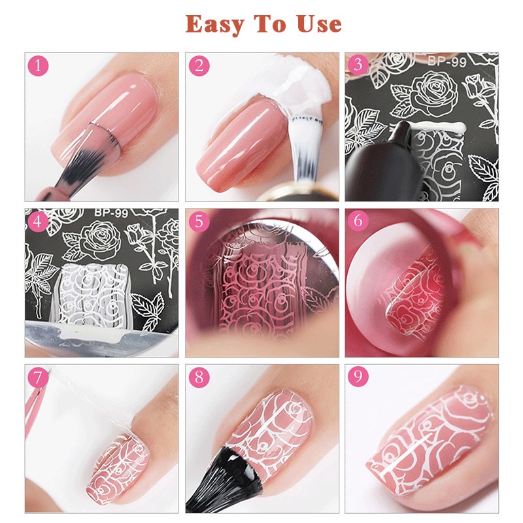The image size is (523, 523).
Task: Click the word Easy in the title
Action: coord(217,24)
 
